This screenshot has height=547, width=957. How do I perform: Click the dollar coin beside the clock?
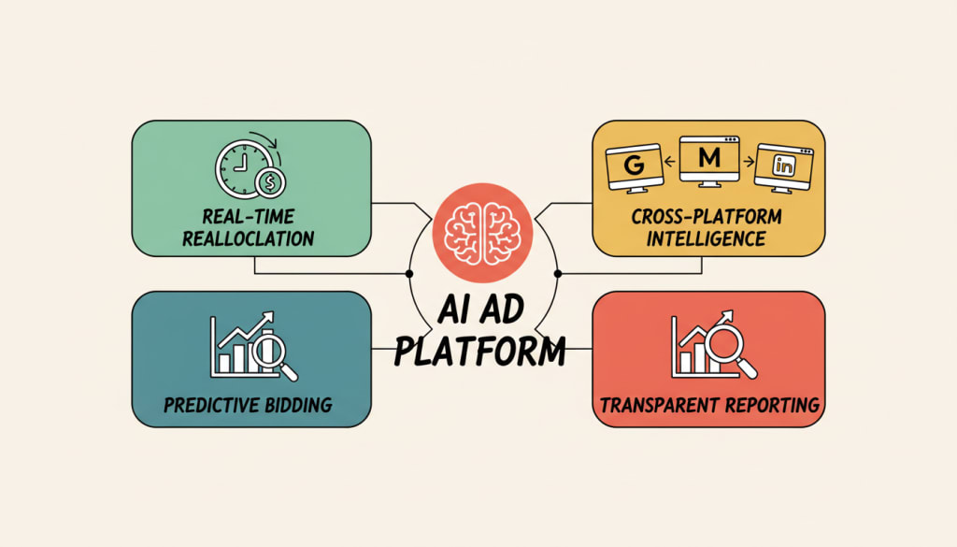(272, 181)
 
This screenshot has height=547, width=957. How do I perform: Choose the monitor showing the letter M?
(709, 160)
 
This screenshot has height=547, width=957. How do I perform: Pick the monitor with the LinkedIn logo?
(783, 167)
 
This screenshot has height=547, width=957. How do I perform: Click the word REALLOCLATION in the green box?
(249, 238)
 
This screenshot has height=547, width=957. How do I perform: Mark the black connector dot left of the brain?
(408, 274)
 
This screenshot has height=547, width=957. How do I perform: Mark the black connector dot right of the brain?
(557, 274)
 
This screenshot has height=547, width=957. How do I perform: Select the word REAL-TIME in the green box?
(249, 217)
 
